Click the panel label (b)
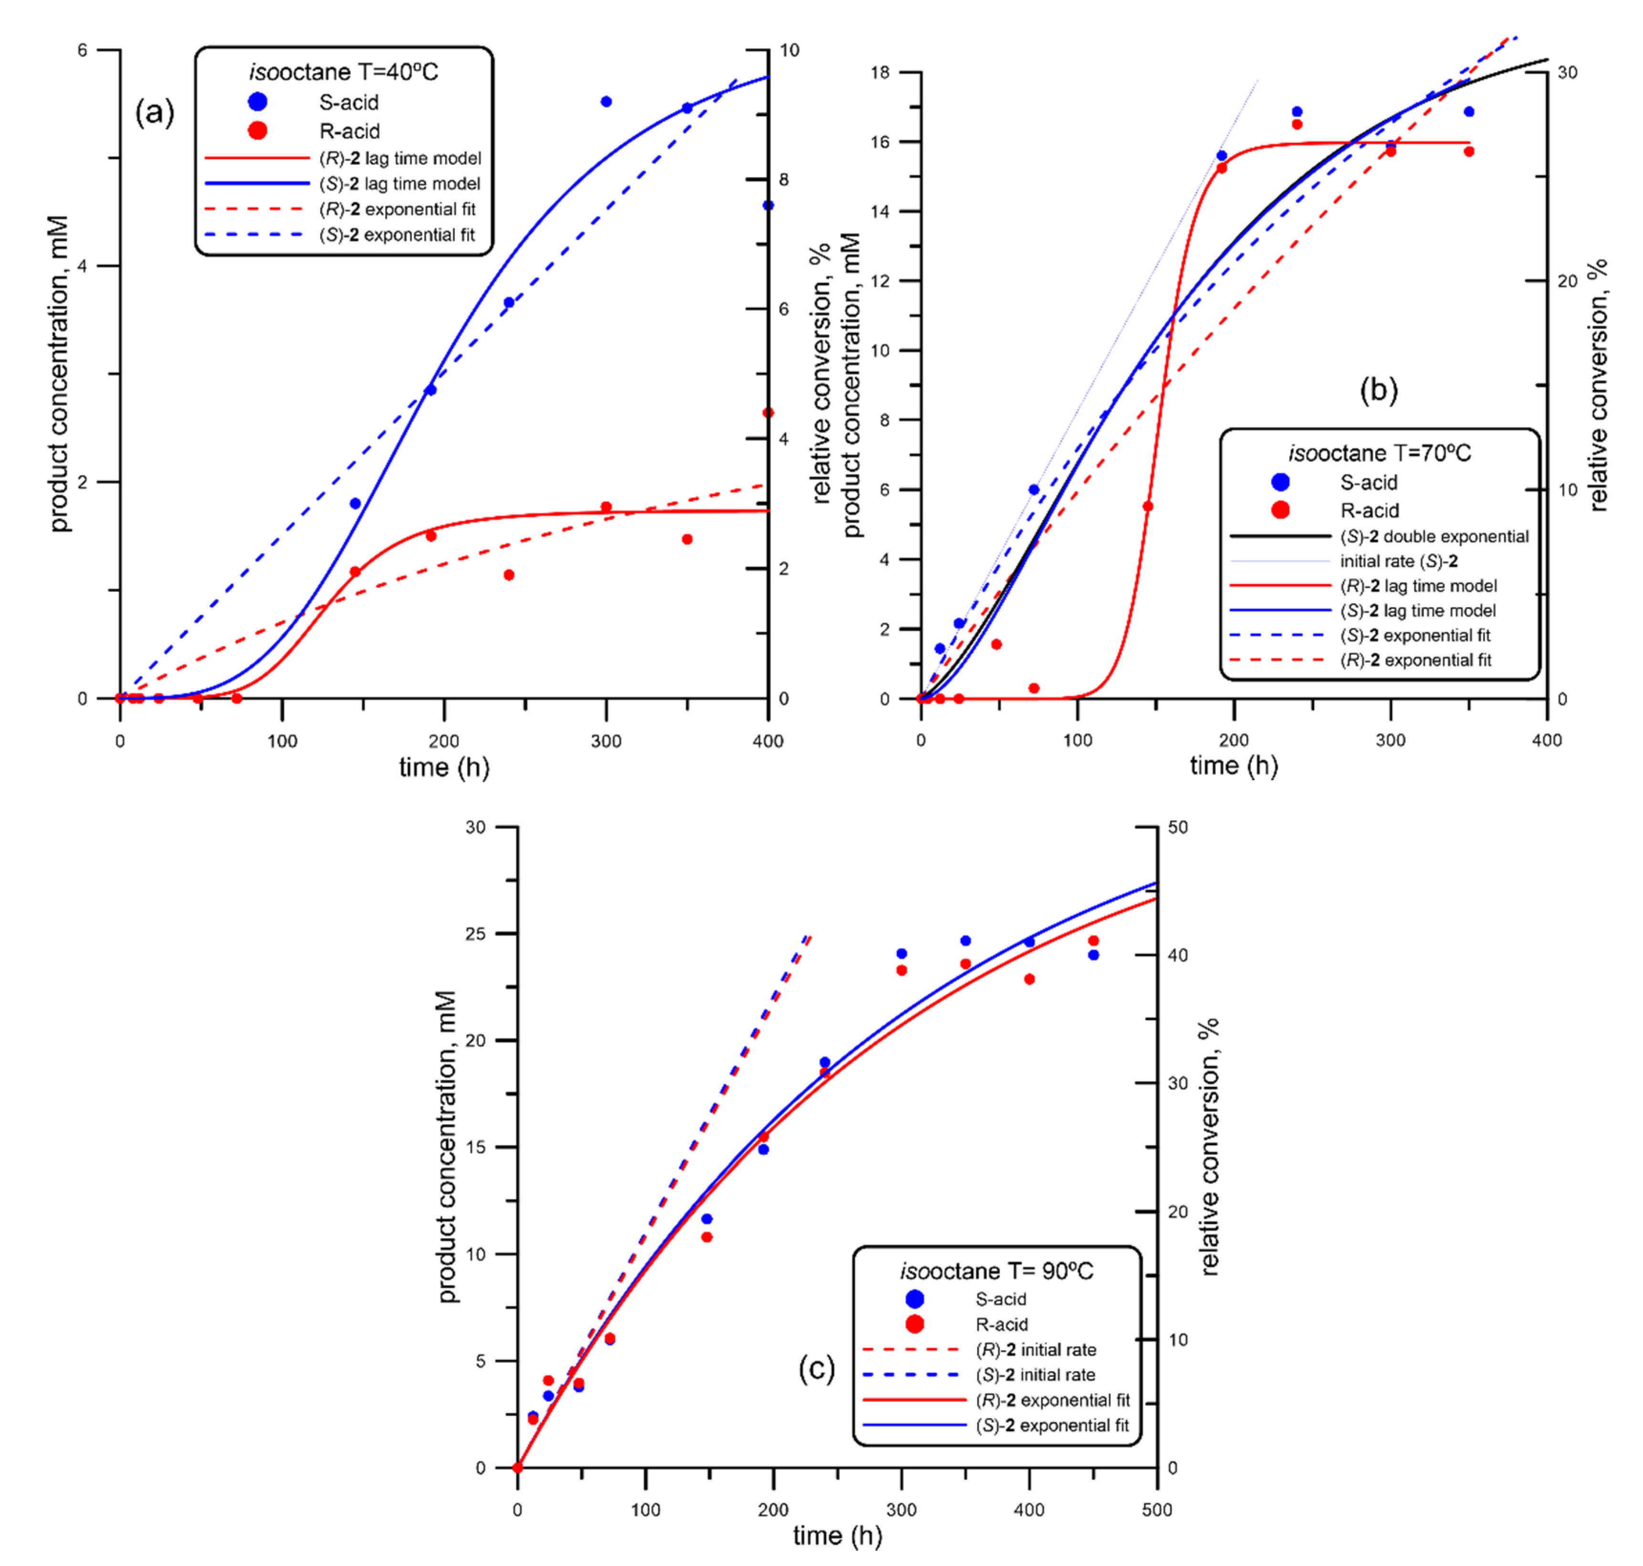click(x=1379, y=390)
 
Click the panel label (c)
click(x=816, y=1369)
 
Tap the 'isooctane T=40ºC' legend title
click(x=343, y=73)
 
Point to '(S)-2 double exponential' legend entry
click(x=1433, y=537)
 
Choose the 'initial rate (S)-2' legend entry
click(x=1399, y=562)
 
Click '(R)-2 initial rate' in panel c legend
click(x=1035, y=1350)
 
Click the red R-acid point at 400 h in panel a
click(x=768, y=413)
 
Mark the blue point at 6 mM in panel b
click(x=1034, y=490)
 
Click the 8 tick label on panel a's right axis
click(x=783, y=180)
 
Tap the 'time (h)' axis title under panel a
click(x=444, y=767)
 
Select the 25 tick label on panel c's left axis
click(x=475, y=934)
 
